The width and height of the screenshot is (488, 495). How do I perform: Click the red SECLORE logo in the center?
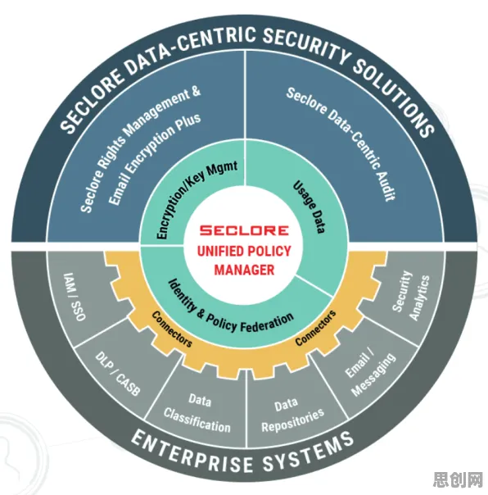(244, 230)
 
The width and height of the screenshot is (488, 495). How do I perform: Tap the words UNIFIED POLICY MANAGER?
(244, 261)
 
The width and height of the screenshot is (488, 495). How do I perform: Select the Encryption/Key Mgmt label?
(197, 199)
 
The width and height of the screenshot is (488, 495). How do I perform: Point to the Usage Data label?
(309, 207)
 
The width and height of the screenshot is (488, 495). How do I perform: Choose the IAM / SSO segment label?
(75, 297)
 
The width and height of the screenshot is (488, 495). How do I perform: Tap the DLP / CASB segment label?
(117, 374)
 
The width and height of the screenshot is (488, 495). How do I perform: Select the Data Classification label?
(198, 413)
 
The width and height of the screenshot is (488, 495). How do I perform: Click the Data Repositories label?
(292, 416)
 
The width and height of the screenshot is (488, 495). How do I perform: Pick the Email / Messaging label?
(370, 374)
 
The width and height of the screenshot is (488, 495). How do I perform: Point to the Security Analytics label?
(411, 295)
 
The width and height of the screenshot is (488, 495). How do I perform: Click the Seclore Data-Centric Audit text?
(341, 144)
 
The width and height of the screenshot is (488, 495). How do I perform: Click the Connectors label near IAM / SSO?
(172, 329)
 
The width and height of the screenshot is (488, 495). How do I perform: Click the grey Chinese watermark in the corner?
(459, 480)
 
